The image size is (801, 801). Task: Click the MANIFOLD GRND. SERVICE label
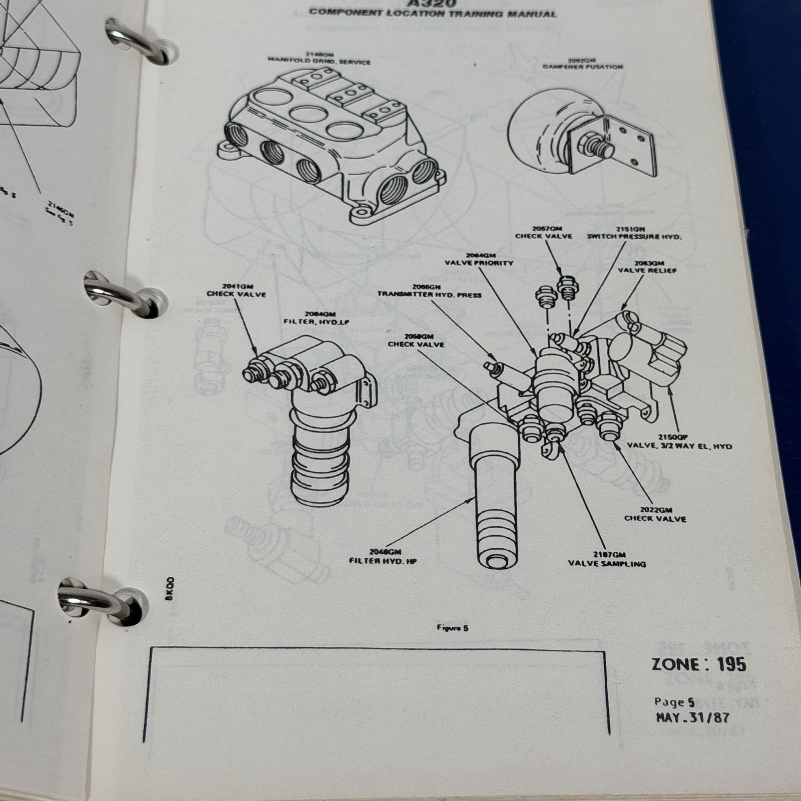(319, 62)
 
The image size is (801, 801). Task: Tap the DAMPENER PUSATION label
(583, 66)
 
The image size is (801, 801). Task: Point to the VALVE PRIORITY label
(479, 263)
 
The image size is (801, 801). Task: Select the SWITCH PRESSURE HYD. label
(634, 237)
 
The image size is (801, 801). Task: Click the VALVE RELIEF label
(647, 270)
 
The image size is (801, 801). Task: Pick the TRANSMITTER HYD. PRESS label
(429, 294)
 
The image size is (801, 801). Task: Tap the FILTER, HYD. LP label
(315, 322)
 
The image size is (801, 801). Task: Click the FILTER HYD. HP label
(383, 561)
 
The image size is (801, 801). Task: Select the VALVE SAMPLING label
(607, 564)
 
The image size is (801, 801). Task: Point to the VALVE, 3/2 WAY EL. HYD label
(679, 446)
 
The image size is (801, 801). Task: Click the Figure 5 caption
(452, 628)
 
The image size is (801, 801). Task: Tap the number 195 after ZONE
(731, 664)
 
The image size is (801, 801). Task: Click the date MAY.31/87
(692, 717)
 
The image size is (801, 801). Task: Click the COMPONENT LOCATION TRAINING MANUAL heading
(432, 13)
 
